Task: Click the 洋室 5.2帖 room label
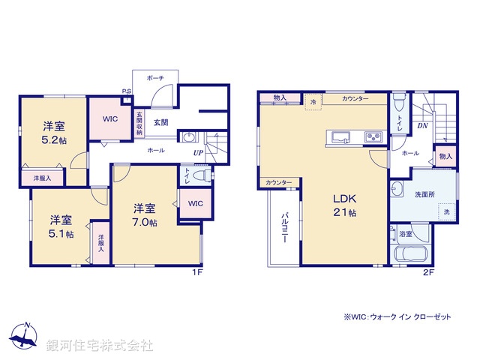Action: pyautogui.click(x=52, y=132)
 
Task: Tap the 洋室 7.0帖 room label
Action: pyautogui.click(x=145, y=215)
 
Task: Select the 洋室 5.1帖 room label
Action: pyautogui.click(x=61, y=227)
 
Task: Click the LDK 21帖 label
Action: pyautogui.click(x=345, y=207)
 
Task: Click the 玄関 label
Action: pyautogui.click(x=161, y=121)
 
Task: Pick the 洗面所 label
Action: pyautogui.click(x=425, y=194)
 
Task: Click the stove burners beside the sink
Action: pyautogui.click(x=373, y=136)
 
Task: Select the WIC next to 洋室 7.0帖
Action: pyautogui.click(x=195, y=203)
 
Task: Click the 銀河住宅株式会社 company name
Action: pyautogui.click(x=100, y=345)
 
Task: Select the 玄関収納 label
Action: pyautogui.click(x=139, y=122)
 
